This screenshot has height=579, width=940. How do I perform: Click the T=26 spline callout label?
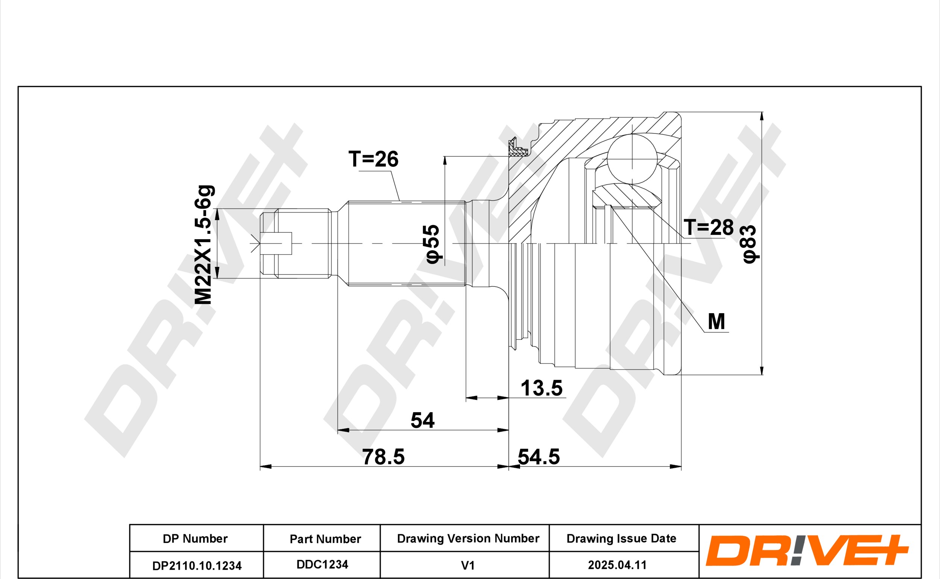tap(373, 159)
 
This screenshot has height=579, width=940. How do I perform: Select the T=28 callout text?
tap(709, 227)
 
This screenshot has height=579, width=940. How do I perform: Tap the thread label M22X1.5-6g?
tap(204, 245)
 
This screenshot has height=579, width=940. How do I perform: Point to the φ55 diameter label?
tap(433, 244)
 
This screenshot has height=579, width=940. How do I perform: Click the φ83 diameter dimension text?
tap(750, 244)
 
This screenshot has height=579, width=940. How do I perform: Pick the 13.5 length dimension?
tap(541, 388)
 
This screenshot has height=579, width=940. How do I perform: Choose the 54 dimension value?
tap(422, 420)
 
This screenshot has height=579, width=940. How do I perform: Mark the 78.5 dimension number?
tap(383, 457)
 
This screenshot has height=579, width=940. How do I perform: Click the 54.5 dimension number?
tap(539, 457)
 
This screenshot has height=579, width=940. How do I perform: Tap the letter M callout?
tap(716, 321)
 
